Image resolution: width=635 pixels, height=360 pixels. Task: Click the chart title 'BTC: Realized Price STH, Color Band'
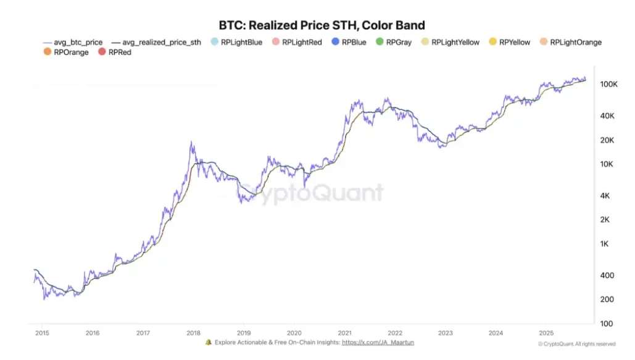(x=322, y=25)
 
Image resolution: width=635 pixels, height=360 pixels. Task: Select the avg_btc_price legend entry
(x=73, y=42)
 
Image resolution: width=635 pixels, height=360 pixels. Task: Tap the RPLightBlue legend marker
(x=214, y=42)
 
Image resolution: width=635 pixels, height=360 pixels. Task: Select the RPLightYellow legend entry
(x=450, y=42)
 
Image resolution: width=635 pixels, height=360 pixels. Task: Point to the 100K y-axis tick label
(x=608, y=84)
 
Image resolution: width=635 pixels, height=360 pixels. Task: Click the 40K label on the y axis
(x=607, y=116)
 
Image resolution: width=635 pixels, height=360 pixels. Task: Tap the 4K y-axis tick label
(x=605, y=196)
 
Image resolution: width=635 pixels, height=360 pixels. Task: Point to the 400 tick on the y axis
(x=606, y=275)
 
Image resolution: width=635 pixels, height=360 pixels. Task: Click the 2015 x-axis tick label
(x=42, y=333)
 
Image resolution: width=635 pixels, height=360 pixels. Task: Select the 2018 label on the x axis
(x=193, y=333)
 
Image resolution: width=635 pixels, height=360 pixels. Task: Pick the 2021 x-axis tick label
(x=344, y=333)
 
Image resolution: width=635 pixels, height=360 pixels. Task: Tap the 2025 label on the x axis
(x=546, y=333)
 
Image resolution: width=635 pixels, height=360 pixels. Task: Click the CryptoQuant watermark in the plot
(x=311, y=193)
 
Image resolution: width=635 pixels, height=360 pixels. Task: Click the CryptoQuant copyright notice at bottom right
(x=576, y=344)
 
